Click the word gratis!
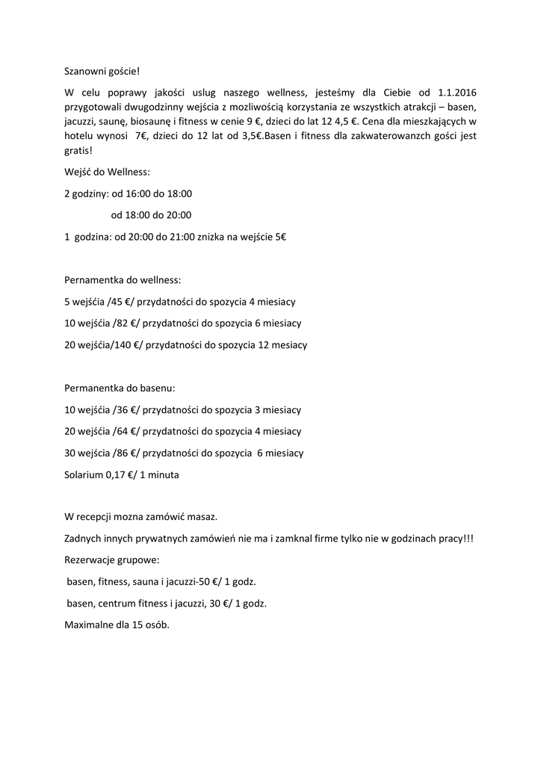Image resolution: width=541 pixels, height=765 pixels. point(78,150)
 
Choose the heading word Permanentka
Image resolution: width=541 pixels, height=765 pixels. point(94,388)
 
